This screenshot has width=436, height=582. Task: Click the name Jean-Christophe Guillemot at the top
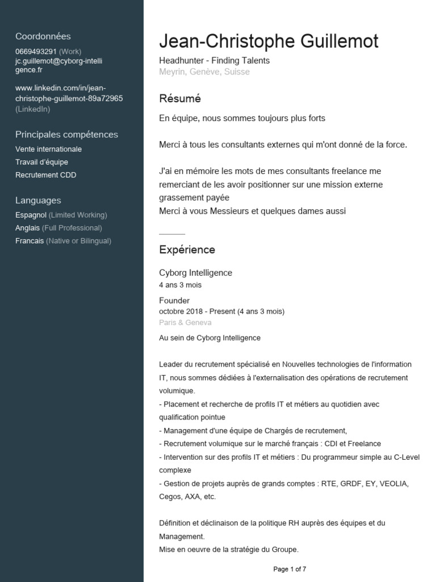(x=269, y=41)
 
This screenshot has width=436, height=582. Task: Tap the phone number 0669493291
(x=36, y=51)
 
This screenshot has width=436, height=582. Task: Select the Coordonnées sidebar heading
(x=43, y=36)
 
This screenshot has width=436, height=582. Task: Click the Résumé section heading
(x=180, y=99)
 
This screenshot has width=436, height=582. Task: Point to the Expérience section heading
(x=187, y=250)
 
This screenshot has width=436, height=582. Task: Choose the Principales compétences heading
(x=66, y=135)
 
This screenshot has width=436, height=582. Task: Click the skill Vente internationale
(x=48, y=149)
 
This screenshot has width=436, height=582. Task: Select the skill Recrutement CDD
(x=45, y=175)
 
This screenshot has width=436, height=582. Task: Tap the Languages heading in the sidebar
(x=38, y=201)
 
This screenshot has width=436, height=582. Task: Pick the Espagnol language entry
(x=31, y=215)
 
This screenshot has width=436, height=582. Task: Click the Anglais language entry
(x=28, y=228)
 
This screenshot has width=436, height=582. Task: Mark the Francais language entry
(x=30, y=241)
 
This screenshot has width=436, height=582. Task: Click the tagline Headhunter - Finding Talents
(x=214, y=60)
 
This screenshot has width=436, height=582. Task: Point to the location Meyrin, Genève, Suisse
(x=204, y=72)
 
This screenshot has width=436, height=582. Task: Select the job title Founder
(x=174, y=300)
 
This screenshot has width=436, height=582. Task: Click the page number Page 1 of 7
(x=290, y=569)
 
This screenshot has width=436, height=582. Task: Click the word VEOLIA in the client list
(x=393, y=484)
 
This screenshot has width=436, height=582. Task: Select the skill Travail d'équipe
(x=41, y=162)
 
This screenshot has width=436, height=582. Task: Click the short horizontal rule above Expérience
(x=172, y=234)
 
